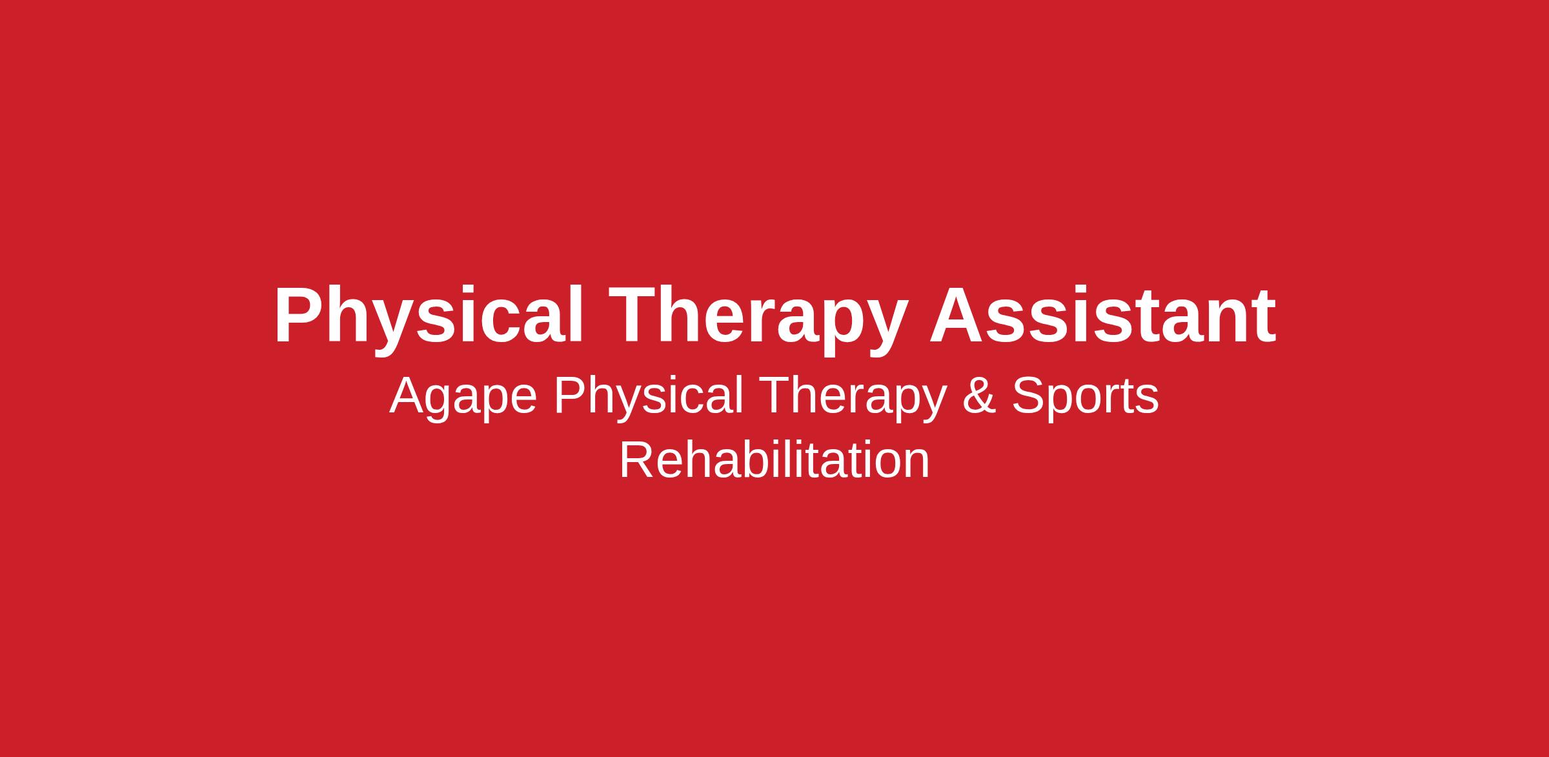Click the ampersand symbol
tap(978, 396)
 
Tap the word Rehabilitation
tap(774, 460)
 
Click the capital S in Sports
tap(1028, 396)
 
